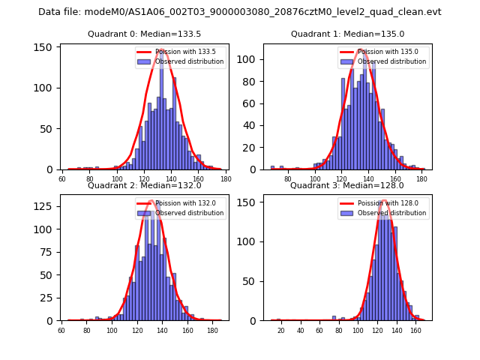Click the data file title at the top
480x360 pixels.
[x=240, y=12]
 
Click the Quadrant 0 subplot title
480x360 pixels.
[x=144, y=34]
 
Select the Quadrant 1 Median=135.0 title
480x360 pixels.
[x=347, y=34]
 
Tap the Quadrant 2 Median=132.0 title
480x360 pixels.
[x=144, y=185]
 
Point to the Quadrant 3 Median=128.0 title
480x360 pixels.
[x=347, y=185]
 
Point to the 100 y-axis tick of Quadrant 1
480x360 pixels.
[x=250, y=58]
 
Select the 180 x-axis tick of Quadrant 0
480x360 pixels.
[x=226, y=179]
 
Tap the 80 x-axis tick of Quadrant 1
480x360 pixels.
[x=288, y=179]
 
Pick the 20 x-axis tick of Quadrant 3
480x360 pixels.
[x=281, y=331]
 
